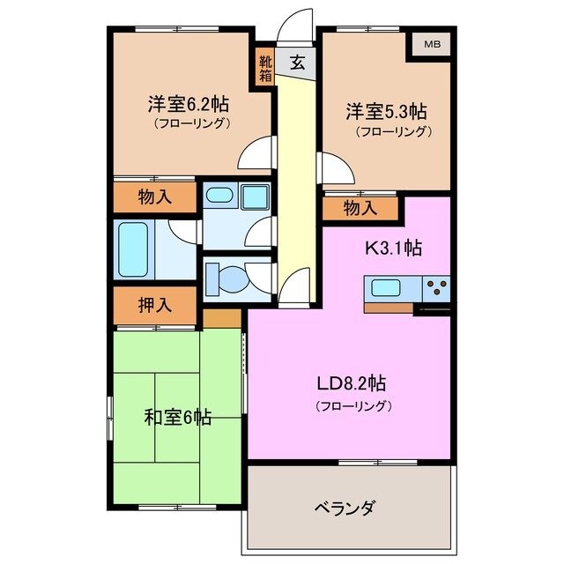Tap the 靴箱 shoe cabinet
pos(265,69)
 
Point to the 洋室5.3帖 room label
pos(385,112)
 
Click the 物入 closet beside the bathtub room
pos(154,198)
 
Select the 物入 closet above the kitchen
pos(361,209)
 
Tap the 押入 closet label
pos(154,305)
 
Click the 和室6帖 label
pos(177,417)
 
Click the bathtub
pos(133,249)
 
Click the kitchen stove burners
pos(435,286)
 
